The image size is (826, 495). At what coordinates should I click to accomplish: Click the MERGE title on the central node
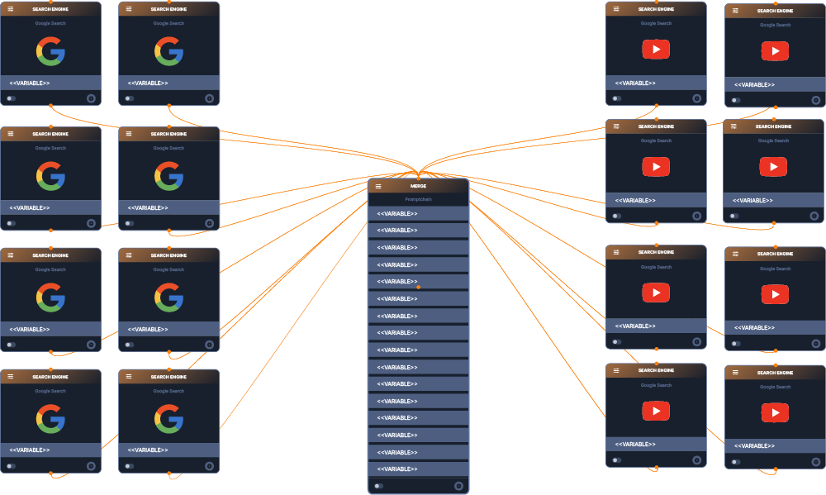(418, 186)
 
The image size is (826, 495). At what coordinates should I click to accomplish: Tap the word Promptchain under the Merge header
(418, 199)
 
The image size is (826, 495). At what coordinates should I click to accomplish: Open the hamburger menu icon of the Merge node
(378, 186)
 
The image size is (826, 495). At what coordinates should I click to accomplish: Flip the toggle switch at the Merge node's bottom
(378, 486)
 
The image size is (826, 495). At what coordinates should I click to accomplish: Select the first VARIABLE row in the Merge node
(418, 214)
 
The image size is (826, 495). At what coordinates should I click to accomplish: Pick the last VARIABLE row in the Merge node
(418, 469)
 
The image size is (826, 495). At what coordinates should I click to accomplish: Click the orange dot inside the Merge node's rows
(419, 287)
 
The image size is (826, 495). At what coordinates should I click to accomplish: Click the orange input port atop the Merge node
(419, 177)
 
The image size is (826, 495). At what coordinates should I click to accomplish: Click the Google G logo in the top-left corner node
(50, 51)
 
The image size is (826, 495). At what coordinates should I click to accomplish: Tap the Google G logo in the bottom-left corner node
(50, 419)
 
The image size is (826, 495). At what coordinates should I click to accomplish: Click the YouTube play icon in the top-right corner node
(775, 51)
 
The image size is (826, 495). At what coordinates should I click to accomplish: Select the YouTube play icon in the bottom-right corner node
(775, 412)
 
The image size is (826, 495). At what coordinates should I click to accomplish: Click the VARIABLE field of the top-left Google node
(50, 83)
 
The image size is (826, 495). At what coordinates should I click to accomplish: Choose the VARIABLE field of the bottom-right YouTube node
(775, 446)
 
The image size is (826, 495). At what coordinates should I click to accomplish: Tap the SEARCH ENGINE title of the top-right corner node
(775, 11)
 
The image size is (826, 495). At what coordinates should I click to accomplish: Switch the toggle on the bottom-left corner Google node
(11, 466)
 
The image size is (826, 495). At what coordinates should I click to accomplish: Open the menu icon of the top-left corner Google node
(11, 9)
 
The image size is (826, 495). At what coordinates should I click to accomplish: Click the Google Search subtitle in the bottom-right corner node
(775, 387)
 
